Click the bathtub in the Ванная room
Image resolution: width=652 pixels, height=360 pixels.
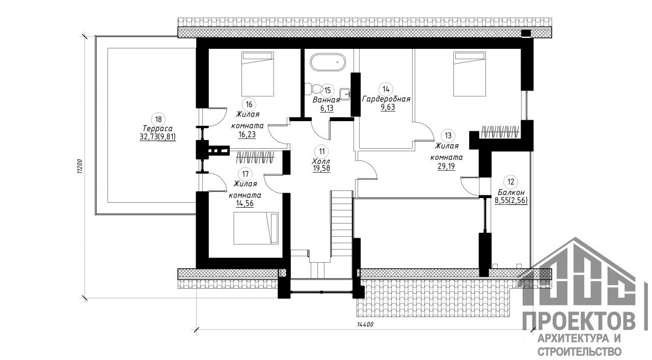[328, 62]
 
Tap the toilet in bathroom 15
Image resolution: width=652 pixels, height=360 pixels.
[312, 89]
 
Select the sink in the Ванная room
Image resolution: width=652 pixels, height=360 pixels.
[345, 93]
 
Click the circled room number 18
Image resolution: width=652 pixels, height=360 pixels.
[158, 119]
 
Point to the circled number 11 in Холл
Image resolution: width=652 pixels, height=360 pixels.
[321, 151]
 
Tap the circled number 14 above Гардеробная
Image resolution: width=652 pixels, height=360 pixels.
[386, 89]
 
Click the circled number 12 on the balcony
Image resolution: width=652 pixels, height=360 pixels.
[511, 182]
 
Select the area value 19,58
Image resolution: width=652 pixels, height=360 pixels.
[321, 168]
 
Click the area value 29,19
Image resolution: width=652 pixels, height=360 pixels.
[446, 166]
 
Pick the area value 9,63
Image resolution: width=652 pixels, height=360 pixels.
[388, 107]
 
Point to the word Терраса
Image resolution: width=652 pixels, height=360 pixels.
[158, 128]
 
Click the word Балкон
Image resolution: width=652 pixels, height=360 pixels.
[511, 192]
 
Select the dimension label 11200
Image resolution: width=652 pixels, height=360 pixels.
[80, 167]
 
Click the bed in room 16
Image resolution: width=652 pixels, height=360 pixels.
[258, 74]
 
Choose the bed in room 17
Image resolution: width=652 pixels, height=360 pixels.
[256, 228]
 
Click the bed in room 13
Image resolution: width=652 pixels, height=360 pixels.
[470, 74]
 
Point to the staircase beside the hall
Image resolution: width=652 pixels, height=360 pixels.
[342, 224]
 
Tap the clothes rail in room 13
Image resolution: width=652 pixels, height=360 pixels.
[500, 131]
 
